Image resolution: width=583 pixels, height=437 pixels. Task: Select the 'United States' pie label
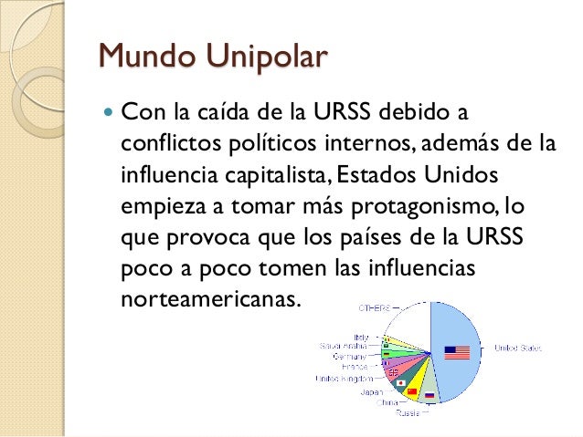518,348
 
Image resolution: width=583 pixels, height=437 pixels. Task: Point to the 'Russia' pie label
408,413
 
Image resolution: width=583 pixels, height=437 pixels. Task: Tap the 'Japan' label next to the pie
372,391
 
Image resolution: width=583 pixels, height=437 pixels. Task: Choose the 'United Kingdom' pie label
344,378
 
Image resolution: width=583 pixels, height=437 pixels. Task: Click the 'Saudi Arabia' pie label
343,346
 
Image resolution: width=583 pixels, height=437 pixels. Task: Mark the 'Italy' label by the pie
360,337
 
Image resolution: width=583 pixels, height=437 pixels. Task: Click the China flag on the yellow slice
411,390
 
